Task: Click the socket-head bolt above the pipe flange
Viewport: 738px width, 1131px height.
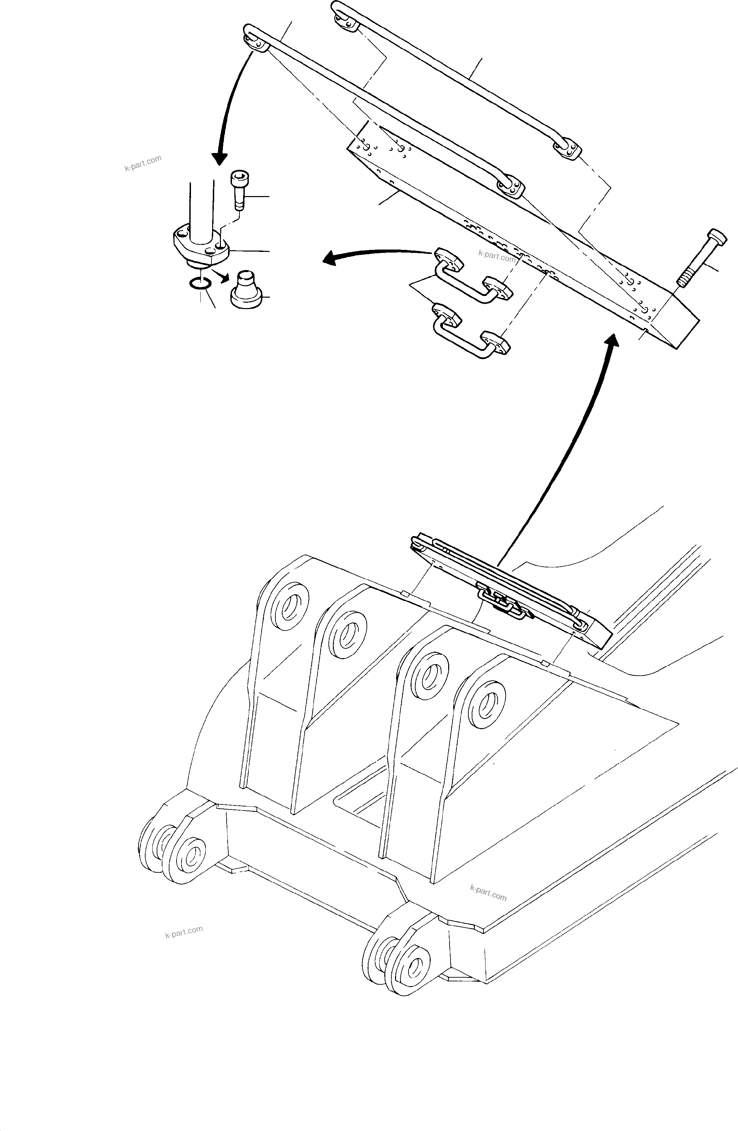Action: coord(238,190)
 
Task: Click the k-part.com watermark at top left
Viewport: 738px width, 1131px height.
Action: coord(143,163)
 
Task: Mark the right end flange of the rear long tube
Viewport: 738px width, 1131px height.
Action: coord(568,148)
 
